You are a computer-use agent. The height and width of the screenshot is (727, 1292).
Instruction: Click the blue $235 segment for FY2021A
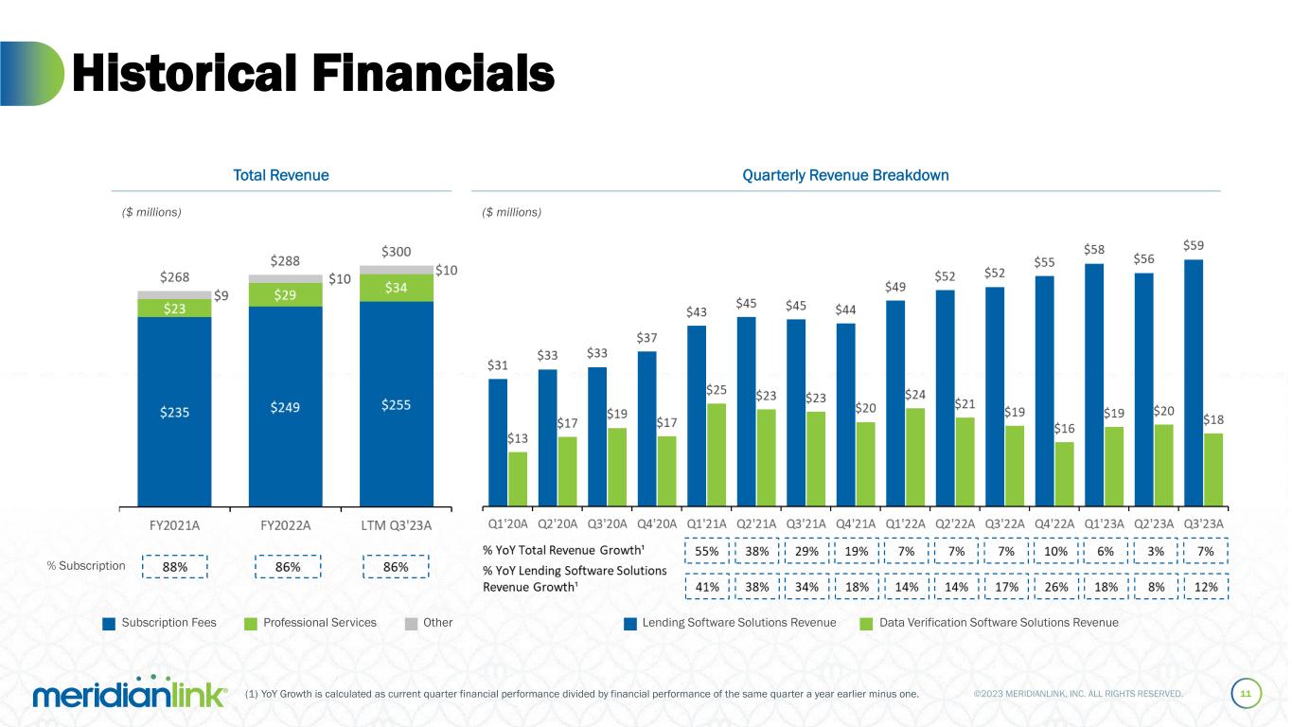pos(174,411)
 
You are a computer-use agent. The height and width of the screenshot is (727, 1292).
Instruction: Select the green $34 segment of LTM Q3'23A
pos(397,288)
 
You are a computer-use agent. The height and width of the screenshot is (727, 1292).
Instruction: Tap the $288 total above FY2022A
pos(286,259)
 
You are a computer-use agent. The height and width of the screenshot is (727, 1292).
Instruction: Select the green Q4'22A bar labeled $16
pos(1065,473)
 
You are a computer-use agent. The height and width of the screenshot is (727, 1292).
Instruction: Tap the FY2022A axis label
pos(286,525)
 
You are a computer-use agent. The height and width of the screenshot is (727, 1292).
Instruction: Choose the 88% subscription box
pos(173,567)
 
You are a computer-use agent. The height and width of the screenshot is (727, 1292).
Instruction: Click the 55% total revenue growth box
pos(707,551)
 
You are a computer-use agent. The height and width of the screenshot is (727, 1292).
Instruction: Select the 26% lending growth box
pos(1055,587)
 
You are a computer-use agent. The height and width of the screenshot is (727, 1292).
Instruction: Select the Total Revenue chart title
pos(281,175)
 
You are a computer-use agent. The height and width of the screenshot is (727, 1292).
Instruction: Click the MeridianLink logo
pos(130,694)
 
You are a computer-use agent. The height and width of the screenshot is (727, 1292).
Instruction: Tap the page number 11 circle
pos(1246,694)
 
